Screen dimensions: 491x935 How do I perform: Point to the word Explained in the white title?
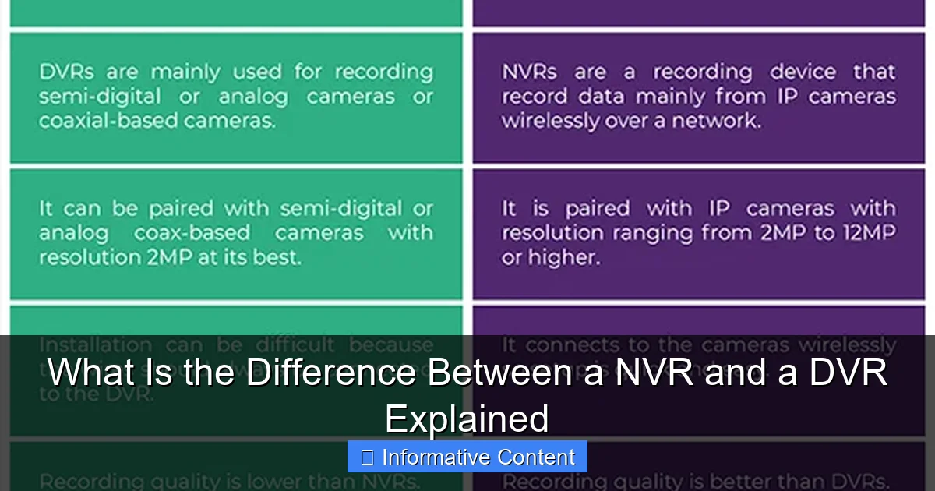pyautogui.click(x=467, y=419)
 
